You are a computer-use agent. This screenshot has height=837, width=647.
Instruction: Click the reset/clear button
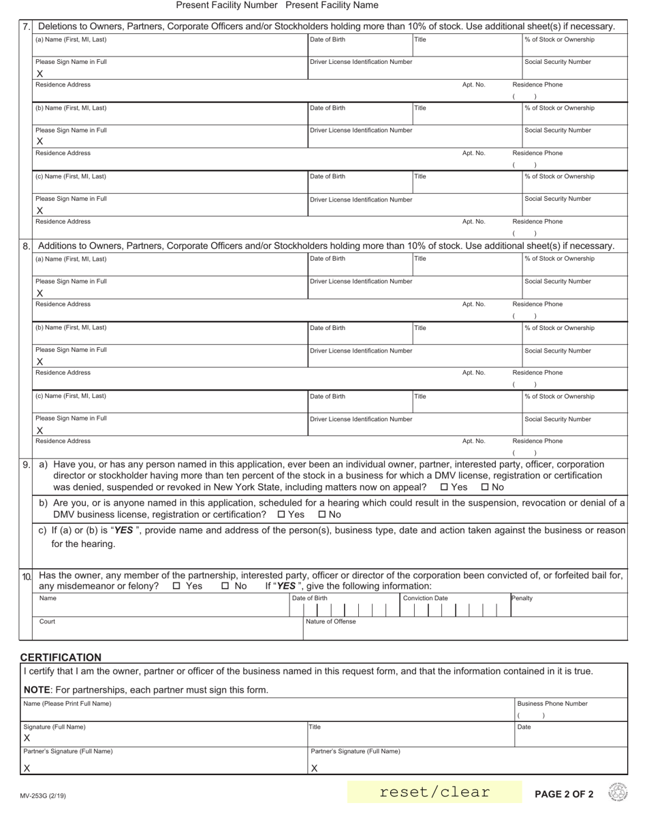click(435, 792)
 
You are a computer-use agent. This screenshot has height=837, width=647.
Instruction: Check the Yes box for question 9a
click(445, 487)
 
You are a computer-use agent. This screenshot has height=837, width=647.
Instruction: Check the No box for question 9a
click(485, 487)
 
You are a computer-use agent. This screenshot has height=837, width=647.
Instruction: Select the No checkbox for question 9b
click(322, 514)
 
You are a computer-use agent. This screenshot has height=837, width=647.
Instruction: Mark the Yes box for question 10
click(177, 586)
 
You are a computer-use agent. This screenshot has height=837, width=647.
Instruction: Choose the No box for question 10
click(225, 586)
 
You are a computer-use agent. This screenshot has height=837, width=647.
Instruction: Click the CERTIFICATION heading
click(61, 657)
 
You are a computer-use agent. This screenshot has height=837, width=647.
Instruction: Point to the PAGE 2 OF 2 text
click(564, 794)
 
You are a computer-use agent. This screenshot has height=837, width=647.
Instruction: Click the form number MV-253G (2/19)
click(44, 795)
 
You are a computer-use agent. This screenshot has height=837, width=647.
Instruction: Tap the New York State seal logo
click(618, 792)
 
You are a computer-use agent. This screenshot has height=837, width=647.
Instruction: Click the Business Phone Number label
click(552, 704)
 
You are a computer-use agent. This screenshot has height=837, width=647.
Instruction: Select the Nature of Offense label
click(331, 621)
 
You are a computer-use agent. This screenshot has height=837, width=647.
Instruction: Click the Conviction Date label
click(426, 598)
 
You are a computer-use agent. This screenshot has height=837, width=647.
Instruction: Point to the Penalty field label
click(522, 598)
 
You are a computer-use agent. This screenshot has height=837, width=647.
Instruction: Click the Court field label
click(47, 621)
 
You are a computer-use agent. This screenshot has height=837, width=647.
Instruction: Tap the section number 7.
click(26, 27)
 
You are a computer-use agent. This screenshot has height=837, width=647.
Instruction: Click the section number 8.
click(26, 246)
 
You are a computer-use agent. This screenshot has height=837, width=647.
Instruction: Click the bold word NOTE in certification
click(37, 690)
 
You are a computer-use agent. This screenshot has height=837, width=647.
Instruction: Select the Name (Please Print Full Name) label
click(67, 704)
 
